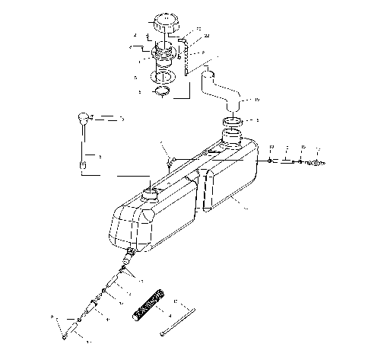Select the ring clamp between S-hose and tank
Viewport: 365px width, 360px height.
(x=233, y=121)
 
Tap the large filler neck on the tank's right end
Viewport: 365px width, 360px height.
(x=231, y=139)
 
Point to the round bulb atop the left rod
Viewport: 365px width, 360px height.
(x=82, y=118)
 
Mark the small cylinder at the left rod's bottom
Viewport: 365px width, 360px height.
(x=84, y=163)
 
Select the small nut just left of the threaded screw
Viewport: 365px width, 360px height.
(x=302, y=161)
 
